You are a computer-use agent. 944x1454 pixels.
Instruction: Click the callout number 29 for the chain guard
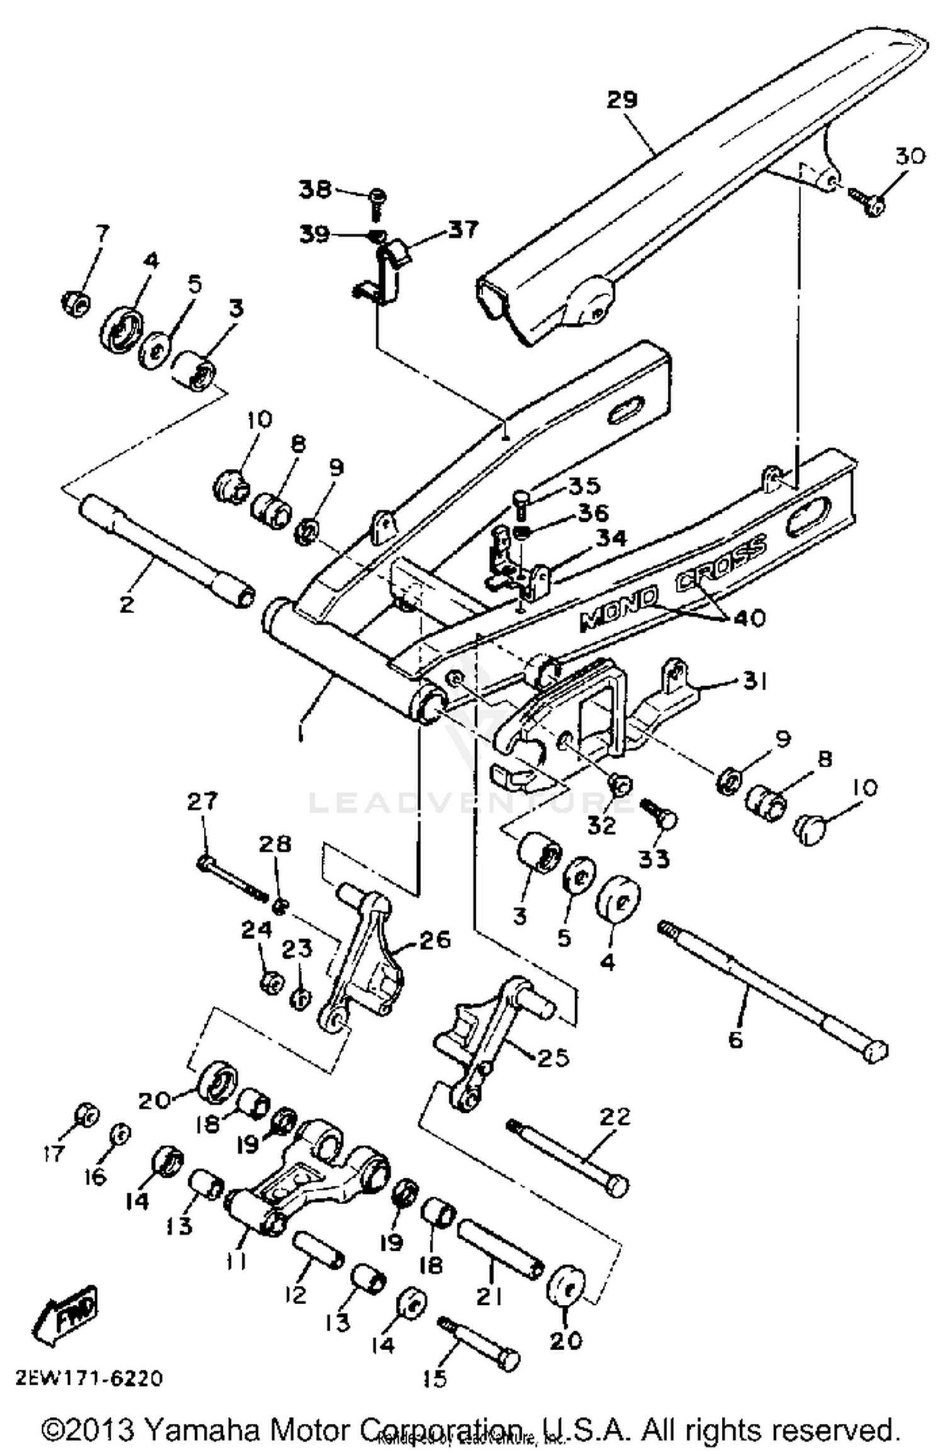point(622,100)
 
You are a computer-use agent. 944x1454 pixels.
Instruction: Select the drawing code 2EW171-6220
point(89,1378)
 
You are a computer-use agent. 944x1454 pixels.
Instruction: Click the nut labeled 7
point(77,305)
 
